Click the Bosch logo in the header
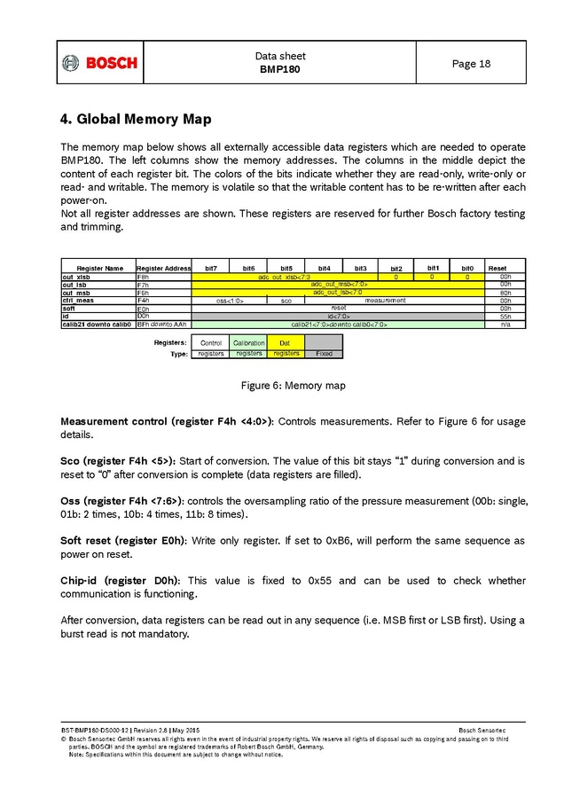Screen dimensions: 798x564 coord(99,63)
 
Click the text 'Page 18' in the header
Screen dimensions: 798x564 coord(470,64)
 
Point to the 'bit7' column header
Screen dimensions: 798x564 coord(210,268)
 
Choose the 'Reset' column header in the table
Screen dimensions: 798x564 coord(497,268)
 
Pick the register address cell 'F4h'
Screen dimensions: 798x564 coord(143,301)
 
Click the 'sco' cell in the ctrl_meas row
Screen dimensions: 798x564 coord(286,301)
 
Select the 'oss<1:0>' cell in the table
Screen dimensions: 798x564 coord(230,301)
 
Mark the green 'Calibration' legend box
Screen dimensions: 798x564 coord(248,341)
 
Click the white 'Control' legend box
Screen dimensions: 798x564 coord(211,341)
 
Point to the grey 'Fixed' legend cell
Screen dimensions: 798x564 coord(324,353)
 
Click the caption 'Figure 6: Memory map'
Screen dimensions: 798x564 coord(293,386)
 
